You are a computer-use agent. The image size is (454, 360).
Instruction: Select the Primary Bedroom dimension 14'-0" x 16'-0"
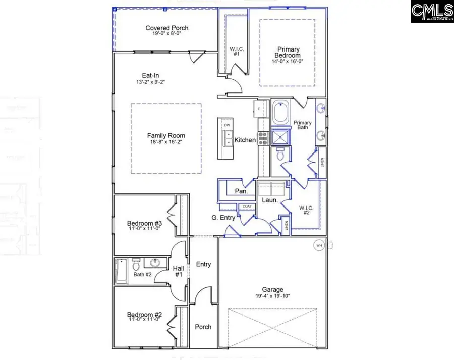click(x=288, y=61)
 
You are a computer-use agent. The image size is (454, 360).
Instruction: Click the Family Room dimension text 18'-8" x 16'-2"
click(x=166, y=143)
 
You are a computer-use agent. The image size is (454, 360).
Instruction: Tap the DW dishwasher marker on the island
click(x=227, y=125)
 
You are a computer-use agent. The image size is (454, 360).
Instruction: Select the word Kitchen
click(x=245, y=140)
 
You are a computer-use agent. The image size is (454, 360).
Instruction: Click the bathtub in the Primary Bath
click(x=280, y=113)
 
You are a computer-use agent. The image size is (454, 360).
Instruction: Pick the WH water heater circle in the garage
click(x=318, y=246)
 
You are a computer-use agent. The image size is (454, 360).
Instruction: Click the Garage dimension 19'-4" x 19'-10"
click(x=272, y=297)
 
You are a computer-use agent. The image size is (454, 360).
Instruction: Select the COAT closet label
click(x=247, y=207)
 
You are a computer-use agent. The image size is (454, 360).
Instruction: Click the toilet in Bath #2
click(x=135, y=265)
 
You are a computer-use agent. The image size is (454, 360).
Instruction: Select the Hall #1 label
click(x=178, y=271)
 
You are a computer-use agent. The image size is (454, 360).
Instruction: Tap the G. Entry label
click(x=221, y=218)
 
